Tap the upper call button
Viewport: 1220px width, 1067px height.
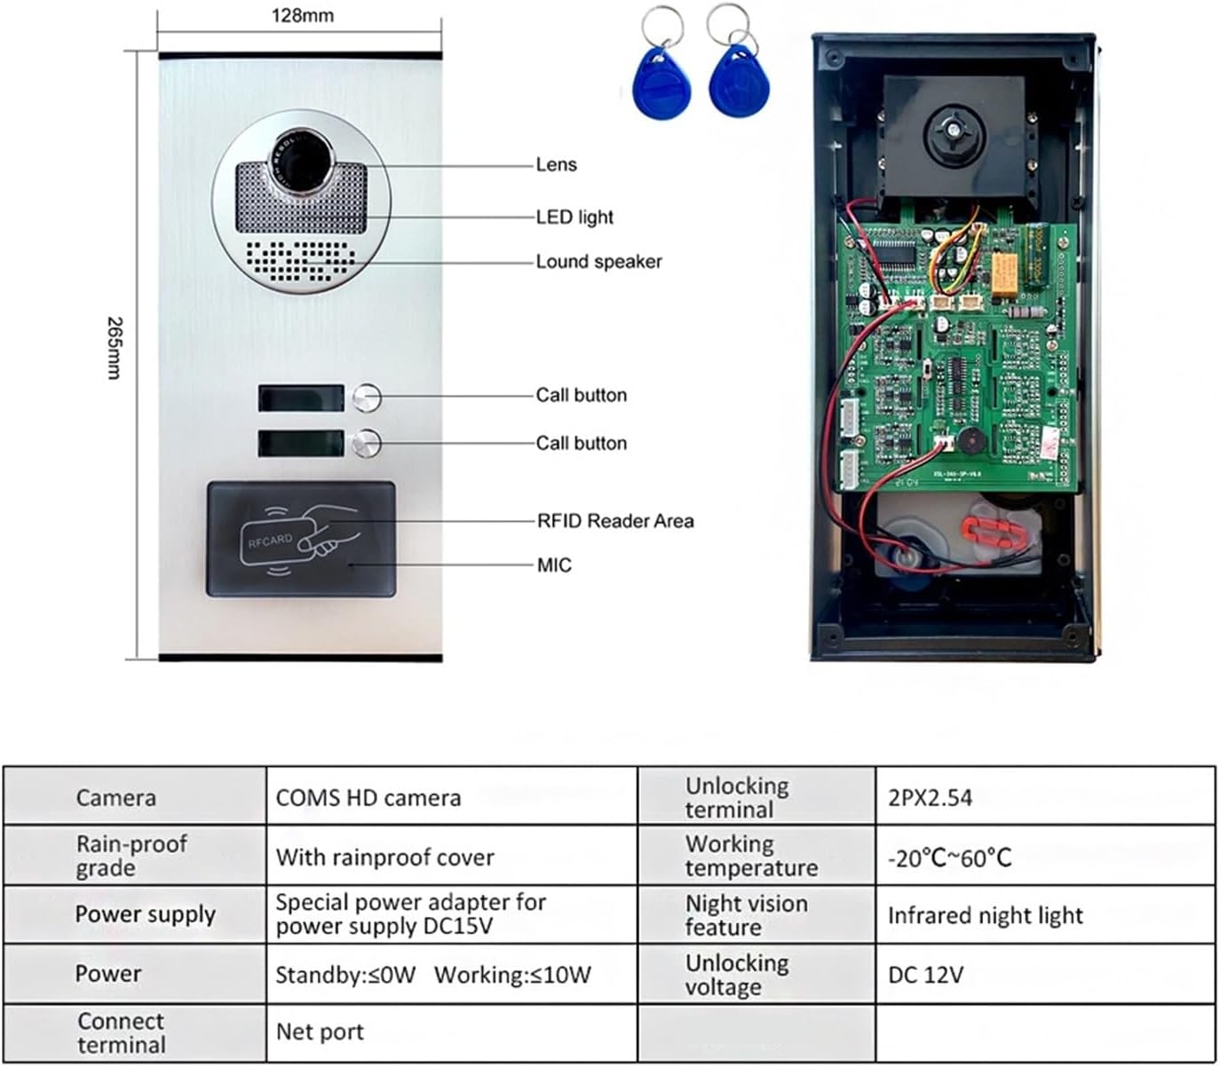click(367, 398)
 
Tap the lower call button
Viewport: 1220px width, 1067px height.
click(367, 443)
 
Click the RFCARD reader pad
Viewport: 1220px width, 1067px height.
click(301, 540)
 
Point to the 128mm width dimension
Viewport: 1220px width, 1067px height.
click(302, 16)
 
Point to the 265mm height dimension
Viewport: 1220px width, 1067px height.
click(114, 348)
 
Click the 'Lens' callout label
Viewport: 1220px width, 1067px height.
click(556, 165)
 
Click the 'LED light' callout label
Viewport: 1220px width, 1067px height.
click(574, 217)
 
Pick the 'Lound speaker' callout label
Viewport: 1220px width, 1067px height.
click(598, 262)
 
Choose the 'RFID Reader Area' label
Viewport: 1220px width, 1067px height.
click(615, 521)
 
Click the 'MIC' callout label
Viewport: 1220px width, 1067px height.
click(554, 565)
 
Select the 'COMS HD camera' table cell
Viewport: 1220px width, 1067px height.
click(368, 798)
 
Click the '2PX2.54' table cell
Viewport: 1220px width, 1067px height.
click(930, 798)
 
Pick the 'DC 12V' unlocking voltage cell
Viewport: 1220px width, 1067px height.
click(925, 975)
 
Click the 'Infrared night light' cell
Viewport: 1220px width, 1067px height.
click(985, 916)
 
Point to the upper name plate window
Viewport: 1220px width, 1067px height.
click(301, 398)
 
